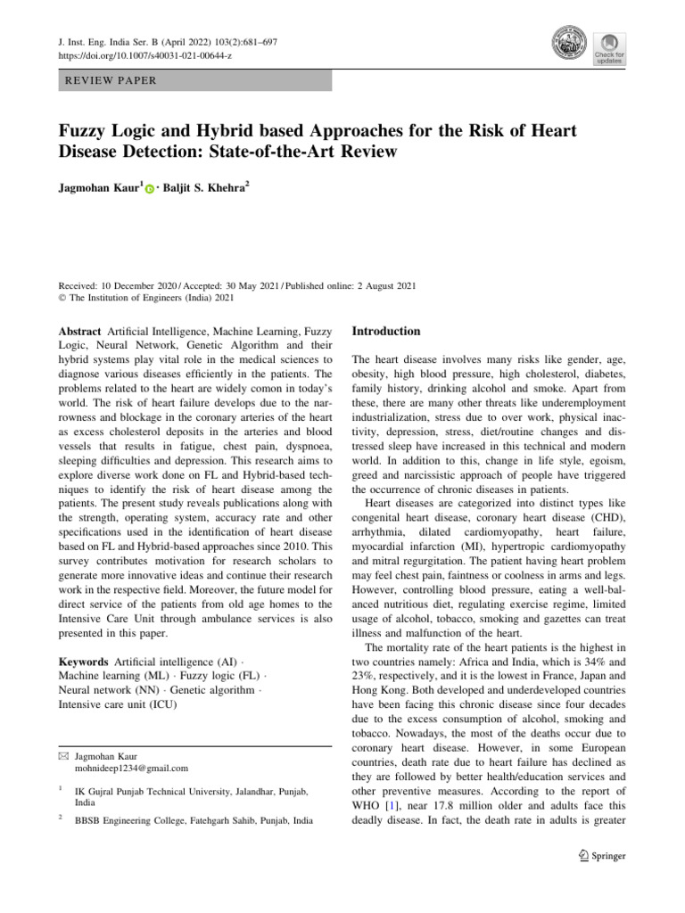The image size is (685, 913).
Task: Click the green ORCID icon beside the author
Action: point(149,189)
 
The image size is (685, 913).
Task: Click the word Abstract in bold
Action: point(79,332)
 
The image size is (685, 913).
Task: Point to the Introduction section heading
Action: point(386,331)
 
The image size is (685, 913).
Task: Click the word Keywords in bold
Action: point(84,662)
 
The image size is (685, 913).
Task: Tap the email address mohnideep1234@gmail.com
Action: point(132,768)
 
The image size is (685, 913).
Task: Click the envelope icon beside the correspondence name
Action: point(62,754)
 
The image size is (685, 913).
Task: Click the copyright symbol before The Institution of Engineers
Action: point(62,299)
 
